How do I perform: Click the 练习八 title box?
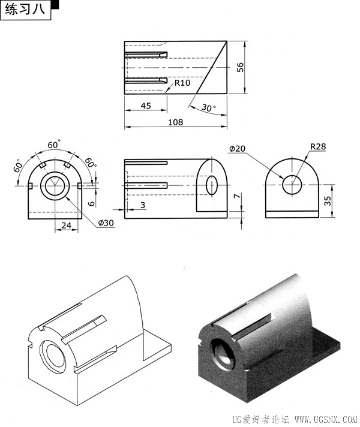coord(26,10)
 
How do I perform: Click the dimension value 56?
coord(241,67)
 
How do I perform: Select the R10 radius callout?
coord(182,83)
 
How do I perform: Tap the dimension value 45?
coord(146,106)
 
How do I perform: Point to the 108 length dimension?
coord(175,122)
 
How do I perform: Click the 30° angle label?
coord(208,107)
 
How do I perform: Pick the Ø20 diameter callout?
coord(237,149)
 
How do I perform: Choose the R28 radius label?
coord(318,146)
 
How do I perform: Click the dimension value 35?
coord(328,201)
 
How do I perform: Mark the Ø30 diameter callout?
coord(106,223)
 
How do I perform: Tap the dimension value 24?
coord(66,225)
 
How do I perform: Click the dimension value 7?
coord(238,196)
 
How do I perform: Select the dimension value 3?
coord(143,205)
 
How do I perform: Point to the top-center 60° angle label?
coord(54,145)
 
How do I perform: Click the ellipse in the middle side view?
coord(212,185)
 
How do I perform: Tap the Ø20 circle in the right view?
coord(292,185)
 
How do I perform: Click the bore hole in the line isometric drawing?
coord(53,357)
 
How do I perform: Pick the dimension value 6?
coord(92,203)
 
